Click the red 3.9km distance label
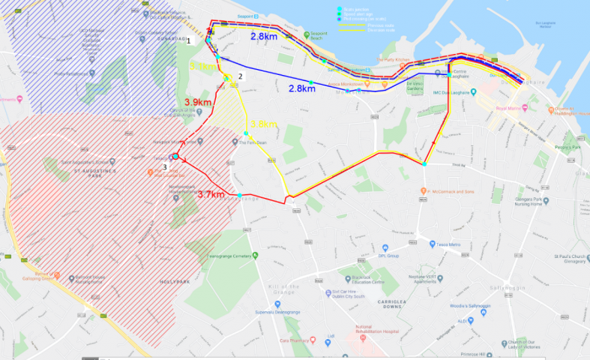[x=199, y=102]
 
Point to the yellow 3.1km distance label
[x=203, y=67]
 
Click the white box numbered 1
[x=190, y=40]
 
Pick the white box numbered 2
[x=241, y=76]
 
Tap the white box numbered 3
[x=165, y=166]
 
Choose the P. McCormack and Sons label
[x=457, y=191]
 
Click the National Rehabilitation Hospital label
[x=375, y=331]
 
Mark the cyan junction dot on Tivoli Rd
[x=424, y=163]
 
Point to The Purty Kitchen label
[x=390, y=59]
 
